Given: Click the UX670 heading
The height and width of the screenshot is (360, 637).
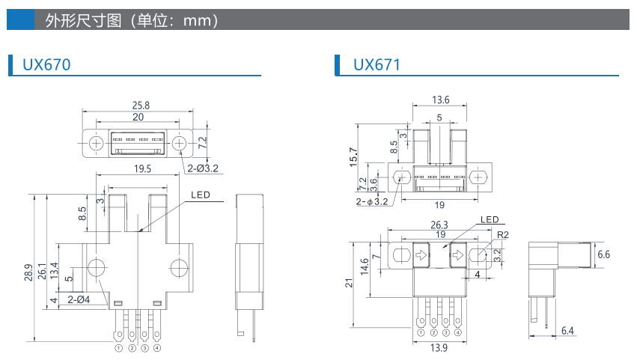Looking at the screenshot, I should tap(46, 65).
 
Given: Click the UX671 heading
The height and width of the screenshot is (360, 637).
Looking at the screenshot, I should tap(377, 65).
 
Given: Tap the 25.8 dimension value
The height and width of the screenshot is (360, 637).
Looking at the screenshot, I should tap(140, 106).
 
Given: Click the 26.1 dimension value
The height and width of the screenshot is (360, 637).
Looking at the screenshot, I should tap(42, 270).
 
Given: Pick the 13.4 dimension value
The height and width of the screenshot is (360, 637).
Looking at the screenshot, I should tap(55, 270).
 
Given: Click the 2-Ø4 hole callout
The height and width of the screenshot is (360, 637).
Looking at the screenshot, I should tap(79, 300).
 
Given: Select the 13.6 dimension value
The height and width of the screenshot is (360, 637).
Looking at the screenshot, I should tap(441, 100).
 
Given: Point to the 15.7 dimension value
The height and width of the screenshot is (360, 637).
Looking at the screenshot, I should tap(354, 156).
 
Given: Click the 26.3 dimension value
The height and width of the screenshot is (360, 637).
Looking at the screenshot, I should tap(439, 224).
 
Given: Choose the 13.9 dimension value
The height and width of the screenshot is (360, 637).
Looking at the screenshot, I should tap(439, 349).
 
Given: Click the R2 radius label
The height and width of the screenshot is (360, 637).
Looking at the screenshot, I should tap(503, 234).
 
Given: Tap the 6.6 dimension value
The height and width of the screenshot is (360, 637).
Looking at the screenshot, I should tap(603, 254).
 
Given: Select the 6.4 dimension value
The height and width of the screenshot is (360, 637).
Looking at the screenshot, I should tap(567, 331).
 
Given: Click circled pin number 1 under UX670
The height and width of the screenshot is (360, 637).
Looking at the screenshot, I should tap(119, 348).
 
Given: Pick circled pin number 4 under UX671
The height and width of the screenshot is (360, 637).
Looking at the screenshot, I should tap(457, 333).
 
